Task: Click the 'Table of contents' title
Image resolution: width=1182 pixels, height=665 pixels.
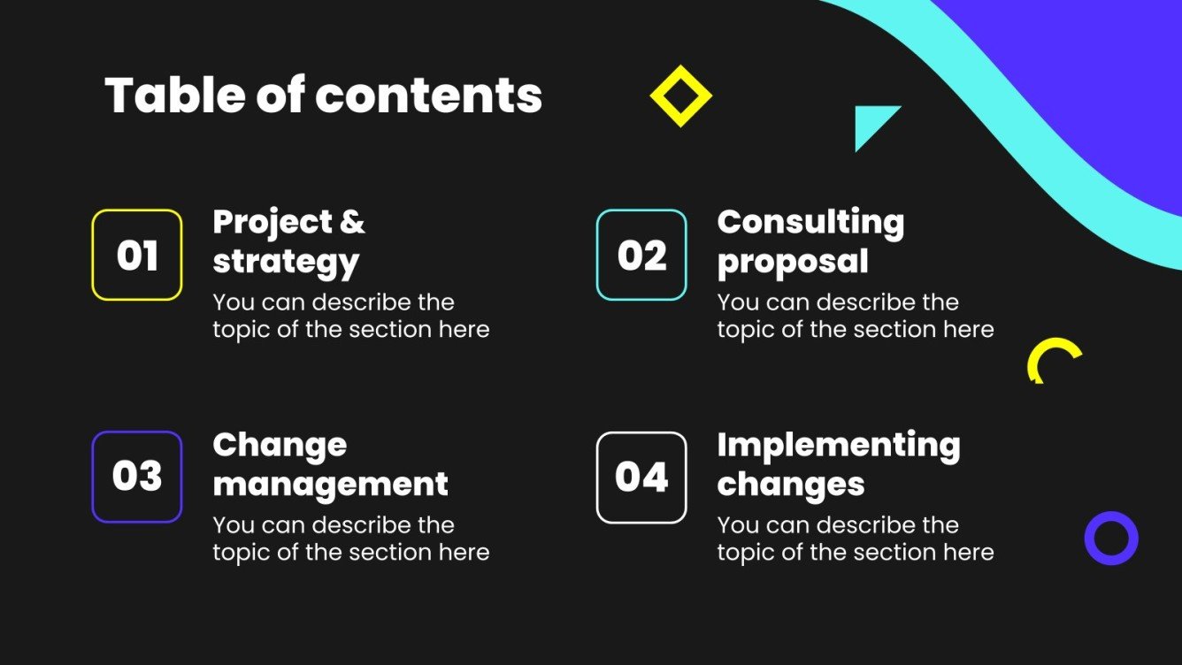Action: [x=323, y=96]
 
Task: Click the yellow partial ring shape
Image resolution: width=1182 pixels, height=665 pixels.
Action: [x=1053, y=356]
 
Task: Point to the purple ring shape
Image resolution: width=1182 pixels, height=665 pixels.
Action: [x=1111, y=538]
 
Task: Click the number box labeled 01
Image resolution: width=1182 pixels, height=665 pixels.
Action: [x=137, y=256]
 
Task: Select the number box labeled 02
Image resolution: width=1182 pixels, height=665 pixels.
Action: [x=641, y=256]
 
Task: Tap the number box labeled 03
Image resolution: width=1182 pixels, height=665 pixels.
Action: [x=137, y=477]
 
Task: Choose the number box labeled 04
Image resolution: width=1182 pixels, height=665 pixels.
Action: [x=641, y=478]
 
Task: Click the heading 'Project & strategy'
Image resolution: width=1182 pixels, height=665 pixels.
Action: [x=288, y=241]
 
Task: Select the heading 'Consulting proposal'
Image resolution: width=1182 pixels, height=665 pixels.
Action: [x=810, y=241]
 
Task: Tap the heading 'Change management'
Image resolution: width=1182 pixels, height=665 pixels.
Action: [x=330, y=464]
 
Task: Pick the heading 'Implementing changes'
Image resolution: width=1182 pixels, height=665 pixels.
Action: [x=838, y=464]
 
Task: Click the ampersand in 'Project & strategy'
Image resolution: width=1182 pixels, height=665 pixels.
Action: [x=351, y=222]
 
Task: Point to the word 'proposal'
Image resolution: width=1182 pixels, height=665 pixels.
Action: [x=792, y=262]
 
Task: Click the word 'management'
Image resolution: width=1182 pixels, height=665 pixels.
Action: [x=330, y=485]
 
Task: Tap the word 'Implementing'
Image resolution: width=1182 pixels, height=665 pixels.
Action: [x=838, y=445]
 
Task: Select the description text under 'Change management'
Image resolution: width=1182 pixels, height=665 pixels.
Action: [x=350, y=539]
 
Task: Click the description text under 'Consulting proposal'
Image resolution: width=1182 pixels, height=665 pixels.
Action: [x=855, y=316]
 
